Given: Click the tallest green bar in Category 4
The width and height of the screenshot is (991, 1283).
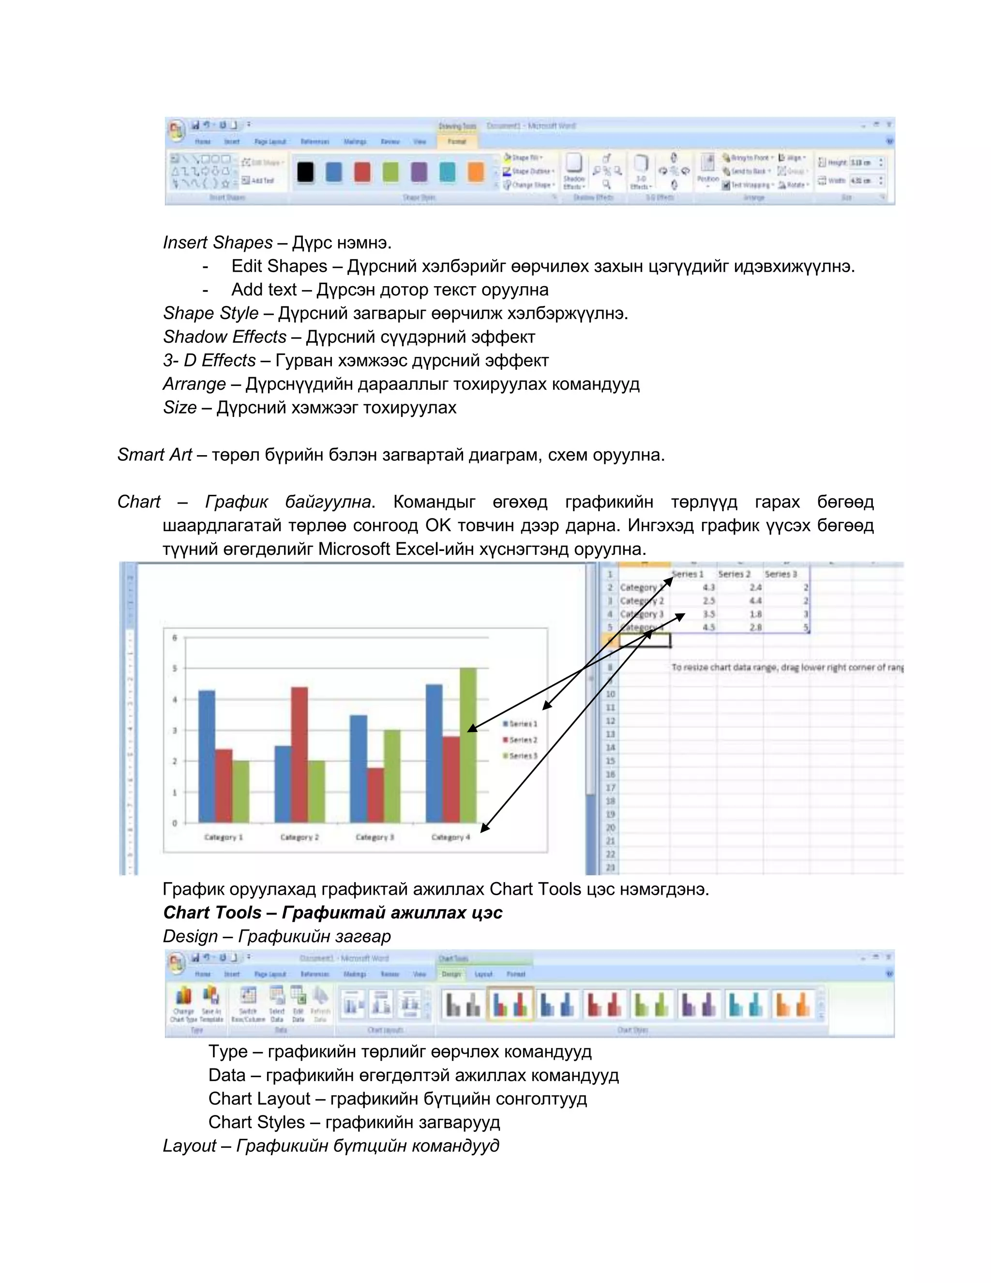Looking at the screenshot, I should click(468, 746).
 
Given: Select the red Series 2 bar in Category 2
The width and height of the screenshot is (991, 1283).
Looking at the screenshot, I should click(300, 755).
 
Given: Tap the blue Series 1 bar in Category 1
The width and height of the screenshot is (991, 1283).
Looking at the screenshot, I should click(207, 757).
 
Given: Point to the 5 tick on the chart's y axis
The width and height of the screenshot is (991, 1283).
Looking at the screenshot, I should click(174, 669).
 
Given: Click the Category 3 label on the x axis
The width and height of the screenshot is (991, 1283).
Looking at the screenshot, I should click(375, 837).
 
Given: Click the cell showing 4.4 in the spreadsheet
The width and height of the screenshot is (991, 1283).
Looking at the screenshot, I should click(755, 600).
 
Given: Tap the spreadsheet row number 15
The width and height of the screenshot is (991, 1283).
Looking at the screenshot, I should click(610, 761).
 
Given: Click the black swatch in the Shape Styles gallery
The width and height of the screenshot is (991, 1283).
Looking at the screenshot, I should click(305, 172).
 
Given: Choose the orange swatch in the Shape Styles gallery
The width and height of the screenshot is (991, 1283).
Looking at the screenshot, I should click(476, 172).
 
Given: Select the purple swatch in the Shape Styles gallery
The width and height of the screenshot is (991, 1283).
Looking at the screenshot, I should click(419, 172).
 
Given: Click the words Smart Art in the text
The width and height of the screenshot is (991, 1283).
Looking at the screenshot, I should click(154, 455).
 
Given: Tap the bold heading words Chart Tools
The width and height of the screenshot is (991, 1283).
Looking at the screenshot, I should click(212, 912).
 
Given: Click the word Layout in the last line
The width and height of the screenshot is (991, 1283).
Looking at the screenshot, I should click(189, 1146).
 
